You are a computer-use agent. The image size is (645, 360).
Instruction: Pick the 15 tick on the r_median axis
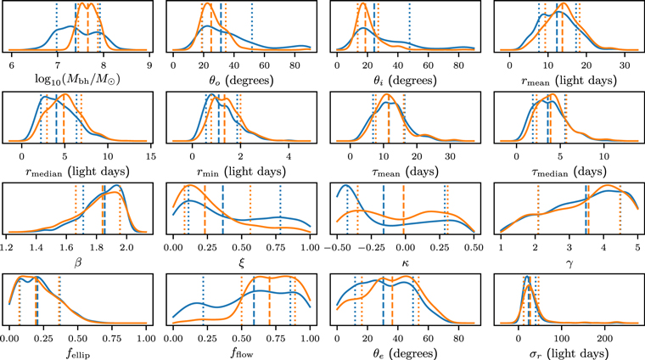click(151, 155)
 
